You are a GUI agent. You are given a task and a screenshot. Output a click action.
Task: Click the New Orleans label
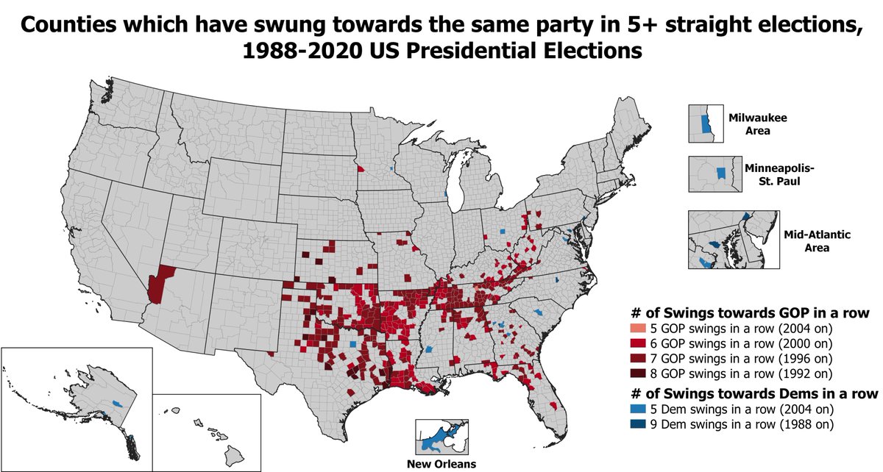click(x=441, y=464)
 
